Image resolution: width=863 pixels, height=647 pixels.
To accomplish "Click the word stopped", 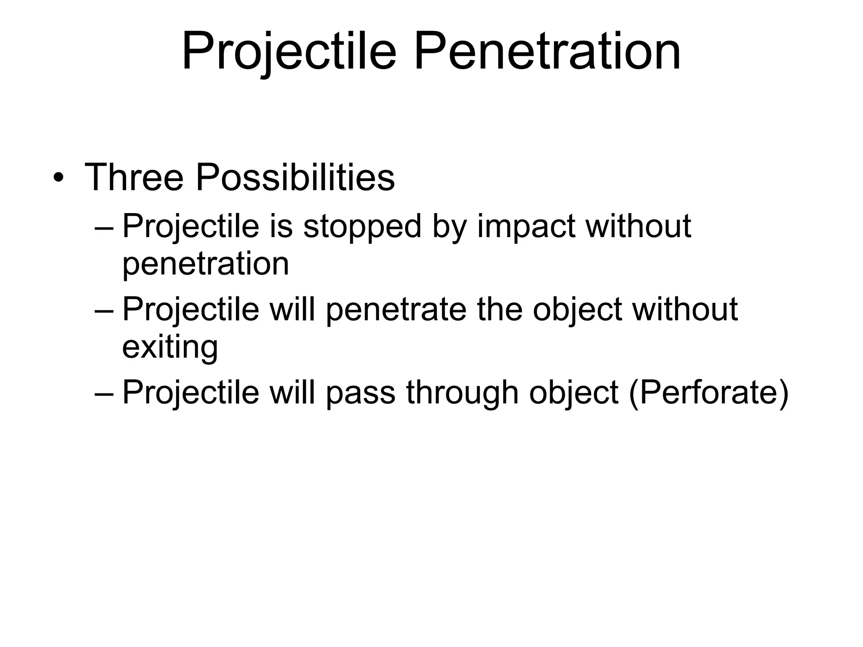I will point(362,227).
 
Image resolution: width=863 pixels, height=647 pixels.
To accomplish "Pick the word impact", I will point(527,227).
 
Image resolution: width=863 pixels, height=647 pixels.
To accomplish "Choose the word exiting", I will point(170,347).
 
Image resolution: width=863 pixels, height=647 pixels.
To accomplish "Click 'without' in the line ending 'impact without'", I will point(639,227).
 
